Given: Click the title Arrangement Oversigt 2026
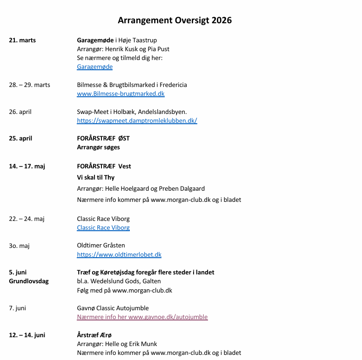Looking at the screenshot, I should tap(174, 20).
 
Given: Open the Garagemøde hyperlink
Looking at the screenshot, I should tap(94, 67).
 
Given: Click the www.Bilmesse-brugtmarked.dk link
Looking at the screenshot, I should tap(121, 94).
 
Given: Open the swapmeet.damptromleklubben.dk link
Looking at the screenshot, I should tap(137, 121).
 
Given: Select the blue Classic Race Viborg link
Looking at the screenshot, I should tap(103, 228).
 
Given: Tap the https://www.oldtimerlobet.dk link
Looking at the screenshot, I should tap(119, 255).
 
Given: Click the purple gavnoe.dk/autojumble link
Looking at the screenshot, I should tap(142, 317).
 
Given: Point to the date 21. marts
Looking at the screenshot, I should tap(22, 40).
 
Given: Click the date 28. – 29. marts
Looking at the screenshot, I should tap(29, 85).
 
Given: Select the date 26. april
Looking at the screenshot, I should tap(20, 112).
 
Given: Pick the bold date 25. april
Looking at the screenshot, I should tap(20, 139).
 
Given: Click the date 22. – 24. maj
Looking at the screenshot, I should tap(27, 219).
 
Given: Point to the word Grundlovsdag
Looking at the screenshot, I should tap(29, 281).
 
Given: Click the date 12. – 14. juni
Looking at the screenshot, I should tap(27, 335).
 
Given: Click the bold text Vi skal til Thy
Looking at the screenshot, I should tap(95, 178).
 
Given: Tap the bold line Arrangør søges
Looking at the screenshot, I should tap(98, 147).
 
